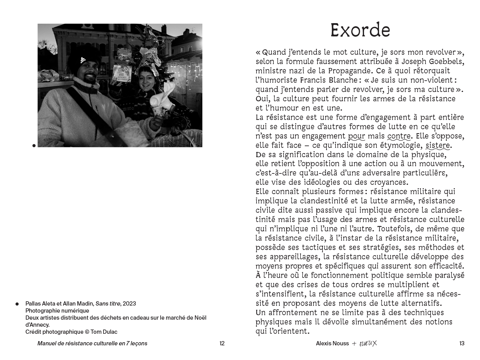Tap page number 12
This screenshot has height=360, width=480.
point(222,343)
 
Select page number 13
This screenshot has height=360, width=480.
point(462,343)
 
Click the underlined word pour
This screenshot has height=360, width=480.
point(356,136)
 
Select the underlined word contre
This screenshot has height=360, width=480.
point(399,136)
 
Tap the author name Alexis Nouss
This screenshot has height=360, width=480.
point(332,343)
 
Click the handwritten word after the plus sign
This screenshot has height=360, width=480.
point(368,343)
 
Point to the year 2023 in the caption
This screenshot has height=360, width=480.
point(129,304)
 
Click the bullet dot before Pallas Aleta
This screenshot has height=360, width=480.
point(17,304)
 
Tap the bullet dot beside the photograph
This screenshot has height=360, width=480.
point(34,146)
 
